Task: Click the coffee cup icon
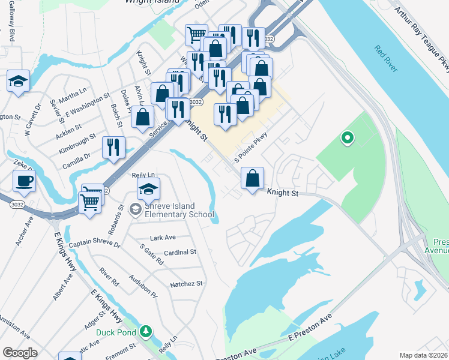[x=24, y=181]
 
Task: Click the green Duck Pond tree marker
[x=145, y=331]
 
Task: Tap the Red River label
[x=385, y=58]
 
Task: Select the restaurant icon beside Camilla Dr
[x=113, y=147]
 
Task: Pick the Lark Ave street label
[x=163, y=238]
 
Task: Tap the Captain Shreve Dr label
[x=94, y=245]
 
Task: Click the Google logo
[x=20, y=353]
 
